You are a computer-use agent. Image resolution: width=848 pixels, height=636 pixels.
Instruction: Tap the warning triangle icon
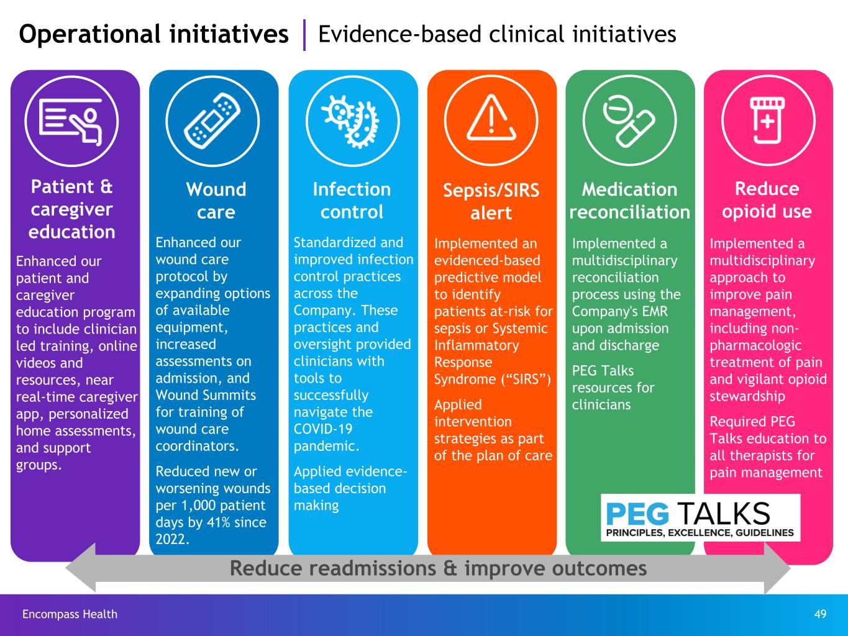[491, 118]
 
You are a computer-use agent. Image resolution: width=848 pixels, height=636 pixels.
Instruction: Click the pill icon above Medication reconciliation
[629, 119]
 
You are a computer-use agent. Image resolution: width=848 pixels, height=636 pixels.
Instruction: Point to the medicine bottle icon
[768, 119]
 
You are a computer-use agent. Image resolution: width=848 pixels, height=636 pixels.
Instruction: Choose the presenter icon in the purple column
[71, 119]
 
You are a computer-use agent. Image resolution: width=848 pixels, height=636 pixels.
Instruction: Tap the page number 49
[820, 614]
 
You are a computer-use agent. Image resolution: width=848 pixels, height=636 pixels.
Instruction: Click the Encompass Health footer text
[70, 614]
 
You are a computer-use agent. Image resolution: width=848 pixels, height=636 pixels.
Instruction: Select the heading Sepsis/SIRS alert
[491, 201]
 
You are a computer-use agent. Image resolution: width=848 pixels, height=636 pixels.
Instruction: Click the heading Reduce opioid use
[767, 200]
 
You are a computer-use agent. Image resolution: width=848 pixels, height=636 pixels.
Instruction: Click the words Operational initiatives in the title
[153, 34]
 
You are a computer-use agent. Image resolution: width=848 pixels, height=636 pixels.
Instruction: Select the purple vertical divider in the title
[304, 35]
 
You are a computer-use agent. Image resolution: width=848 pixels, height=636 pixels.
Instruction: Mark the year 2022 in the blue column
[171, 539]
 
